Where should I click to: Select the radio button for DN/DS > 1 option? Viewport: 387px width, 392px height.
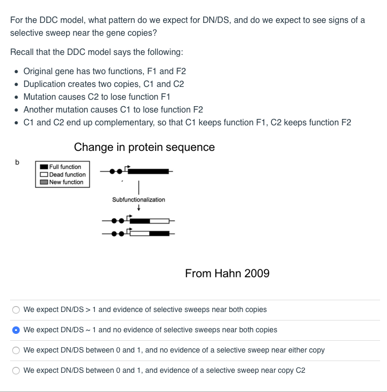pos(17,310)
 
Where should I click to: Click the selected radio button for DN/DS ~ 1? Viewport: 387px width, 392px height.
pos(17,330)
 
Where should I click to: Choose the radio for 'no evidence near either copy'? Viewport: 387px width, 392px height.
pos(17,350)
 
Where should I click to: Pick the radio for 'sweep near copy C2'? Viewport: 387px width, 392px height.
pos(17,371)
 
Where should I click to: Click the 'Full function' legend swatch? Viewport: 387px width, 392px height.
pos(44,167)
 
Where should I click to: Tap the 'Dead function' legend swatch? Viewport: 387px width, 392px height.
pos(44,174)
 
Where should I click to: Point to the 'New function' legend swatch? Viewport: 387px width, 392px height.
pos(44,182)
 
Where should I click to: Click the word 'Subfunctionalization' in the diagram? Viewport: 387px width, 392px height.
pos(139,199)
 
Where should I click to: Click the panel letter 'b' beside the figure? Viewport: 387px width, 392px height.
pos(17,162)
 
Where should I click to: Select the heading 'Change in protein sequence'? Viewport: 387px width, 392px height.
pos(144,147)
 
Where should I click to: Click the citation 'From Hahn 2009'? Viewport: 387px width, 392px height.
pos(227,274)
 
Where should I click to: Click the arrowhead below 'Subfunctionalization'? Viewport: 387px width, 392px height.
pos(139,209)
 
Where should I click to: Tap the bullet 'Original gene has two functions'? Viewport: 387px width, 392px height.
pos(104,71)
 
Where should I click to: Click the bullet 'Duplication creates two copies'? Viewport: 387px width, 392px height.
pos(103,84)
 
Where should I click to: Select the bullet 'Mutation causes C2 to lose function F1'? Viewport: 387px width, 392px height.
pos(99,97)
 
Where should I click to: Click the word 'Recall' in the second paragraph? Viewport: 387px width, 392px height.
pos(22,52)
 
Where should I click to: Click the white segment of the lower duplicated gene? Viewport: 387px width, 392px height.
pos(140,233)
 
